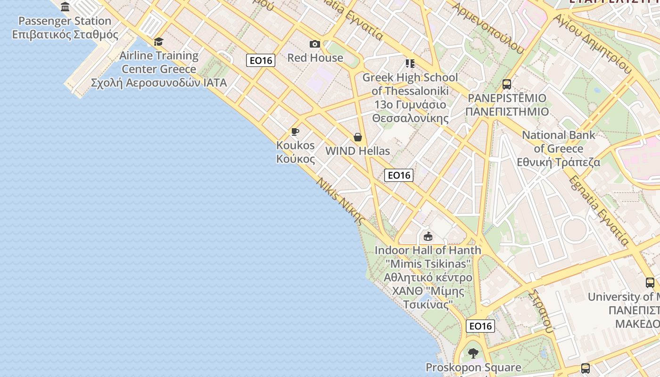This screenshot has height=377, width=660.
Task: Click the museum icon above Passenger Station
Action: pyautogui.click(x=65, y=7)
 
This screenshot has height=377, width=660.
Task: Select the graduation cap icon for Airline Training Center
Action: pyautogui.click(x=158, y=42)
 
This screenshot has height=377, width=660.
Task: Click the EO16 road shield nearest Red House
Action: pyautogui.click(x=261, y=60)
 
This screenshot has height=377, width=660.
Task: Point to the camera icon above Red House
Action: pyautogui.click(x=315, y=44)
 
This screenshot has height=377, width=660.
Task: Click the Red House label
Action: pyautogui.click(x=315, y=58)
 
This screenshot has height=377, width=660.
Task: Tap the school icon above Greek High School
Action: pyautogui.click(x=410, y=63)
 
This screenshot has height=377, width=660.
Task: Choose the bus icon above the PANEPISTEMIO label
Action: pyautogui.click(x=507, y=84)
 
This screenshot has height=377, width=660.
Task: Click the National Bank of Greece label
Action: pyautogui.click(x=559, y=148)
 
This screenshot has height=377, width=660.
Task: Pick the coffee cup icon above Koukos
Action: pyautogui.click(x=295, y=131)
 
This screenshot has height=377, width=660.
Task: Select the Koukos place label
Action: pyautogui.click(x=296, y=152)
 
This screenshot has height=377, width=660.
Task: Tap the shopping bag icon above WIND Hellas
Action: pyautogui.click(x=358, y=137)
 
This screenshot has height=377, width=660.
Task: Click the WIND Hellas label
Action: pyautogui.click(x=358, y=151)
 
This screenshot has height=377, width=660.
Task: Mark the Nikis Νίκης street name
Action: pyautogui.click(x=341, y=201)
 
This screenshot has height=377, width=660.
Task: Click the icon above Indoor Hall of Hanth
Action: pyautogui.click(x=428, y=236)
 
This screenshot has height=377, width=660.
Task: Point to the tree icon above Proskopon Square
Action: pyautogui.click(x=473, y=353)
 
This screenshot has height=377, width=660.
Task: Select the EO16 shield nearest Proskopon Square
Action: pyautogui.click(x=480, y=326)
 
